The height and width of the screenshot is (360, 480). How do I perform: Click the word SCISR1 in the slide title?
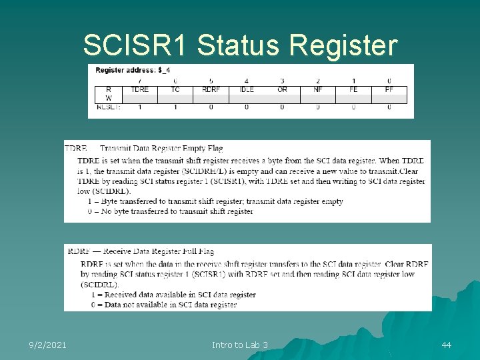click(x=137, y=45)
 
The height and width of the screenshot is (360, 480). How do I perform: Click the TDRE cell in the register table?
click(x=140, y=89)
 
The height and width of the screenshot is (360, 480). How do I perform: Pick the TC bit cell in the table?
click(x=175, y=89)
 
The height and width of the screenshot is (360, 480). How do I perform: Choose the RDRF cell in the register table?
click(x=211, y=89)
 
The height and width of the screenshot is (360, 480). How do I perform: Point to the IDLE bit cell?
click(x=247, y=89)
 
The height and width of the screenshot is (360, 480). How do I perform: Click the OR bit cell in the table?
click(x=282, y=89)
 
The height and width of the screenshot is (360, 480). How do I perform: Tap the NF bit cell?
click(x=318, y=89)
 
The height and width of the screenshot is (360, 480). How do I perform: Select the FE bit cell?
click(x=353, y=89)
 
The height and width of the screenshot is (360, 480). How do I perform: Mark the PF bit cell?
click(x=389, y=89)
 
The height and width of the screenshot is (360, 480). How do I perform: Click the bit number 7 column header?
click(x=140, y=81)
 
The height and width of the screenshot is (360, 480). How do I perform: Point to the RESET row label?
click(x=109, y=107)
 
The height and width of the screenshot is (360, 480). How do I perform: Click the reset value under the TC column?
click(x=175, y=107)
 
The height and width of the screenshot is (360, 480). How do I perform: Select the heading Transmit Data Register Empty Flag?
click(x=161, y=148)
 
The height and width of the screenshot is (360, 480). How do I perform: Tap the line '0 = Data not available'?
click(x=163, y=305)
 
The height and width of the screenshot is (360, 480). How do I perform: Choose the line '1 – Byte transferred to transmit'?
click(x=215, y=201)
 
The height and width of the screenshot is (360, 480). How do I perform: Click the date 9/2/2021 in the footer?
click(x=47, y=345)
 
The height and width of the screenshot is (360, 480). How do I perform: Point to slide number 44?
click(x=446, y=345)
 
